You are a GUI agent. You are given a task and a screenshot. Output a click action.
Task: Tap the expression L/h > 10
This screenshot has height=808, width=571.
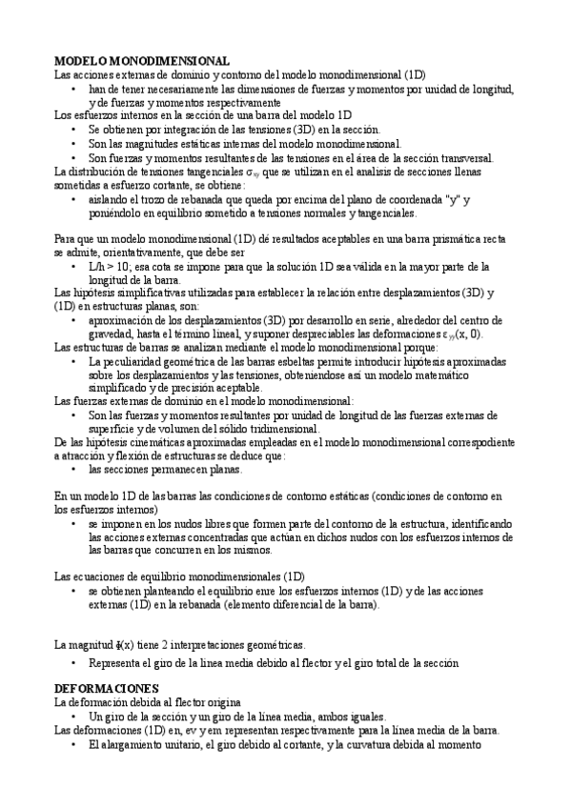[x=113, y=267]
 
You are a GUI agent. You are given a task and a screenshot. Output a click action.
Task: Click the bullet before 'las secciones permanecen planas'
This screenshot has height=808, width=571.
[x=74, y=471]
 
